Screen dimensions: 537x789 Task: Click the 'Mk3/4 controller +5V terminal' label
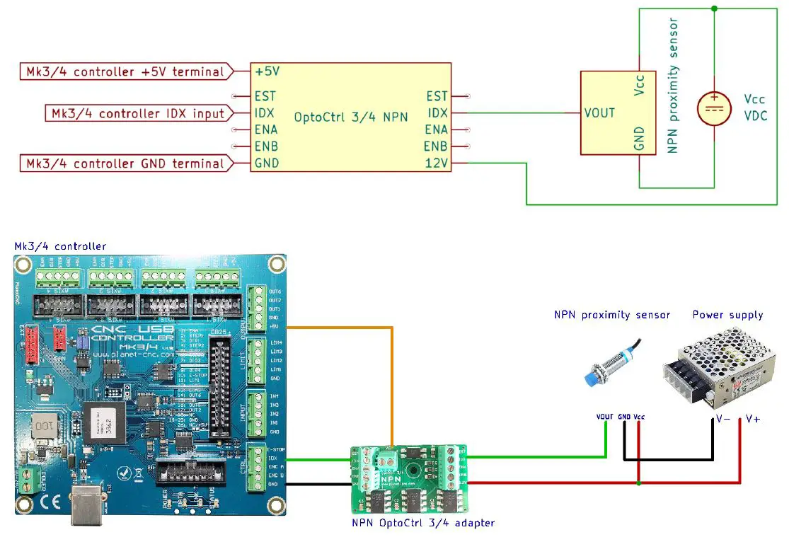[125, 71]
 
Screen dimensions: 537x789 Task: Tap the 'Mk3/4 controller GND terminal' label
[125, 163]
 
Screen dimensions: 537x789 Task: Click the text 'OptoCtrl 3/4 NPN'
[352, 117]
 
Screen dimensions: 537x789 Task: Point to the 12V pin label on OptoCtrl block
[437, 163]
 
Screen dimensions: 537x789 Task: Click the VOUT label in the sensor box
[599, 112]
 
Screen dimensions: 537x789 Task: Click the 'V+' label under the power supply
[753, 419]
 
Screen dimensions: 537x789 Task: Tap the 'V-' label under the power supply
[722, 419]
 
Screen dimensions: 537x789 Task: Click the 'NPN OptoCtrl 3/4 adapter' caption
[422, 523]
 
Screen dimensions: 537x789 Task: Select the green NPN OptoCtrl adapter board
[410, 478]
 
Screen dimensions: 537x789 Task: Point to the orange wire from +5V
[391, 382]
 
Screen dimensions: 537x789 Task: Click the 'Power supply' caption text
[727, 315]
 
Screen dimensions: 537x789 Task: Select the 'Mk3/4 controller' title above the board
[60, 246]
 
